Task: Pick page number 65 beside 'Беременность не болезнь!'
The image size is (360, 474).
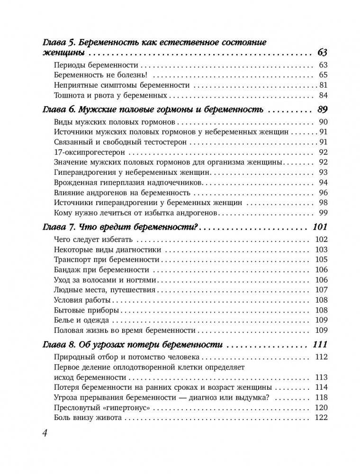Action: [323, 75]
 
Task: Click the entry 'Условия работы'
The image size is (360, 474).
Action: [82, 300]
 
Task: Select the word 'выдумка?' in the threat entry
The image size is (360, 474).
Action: [255, 397]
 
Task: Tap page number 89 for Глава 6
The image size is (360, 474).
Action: [322, 109]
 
